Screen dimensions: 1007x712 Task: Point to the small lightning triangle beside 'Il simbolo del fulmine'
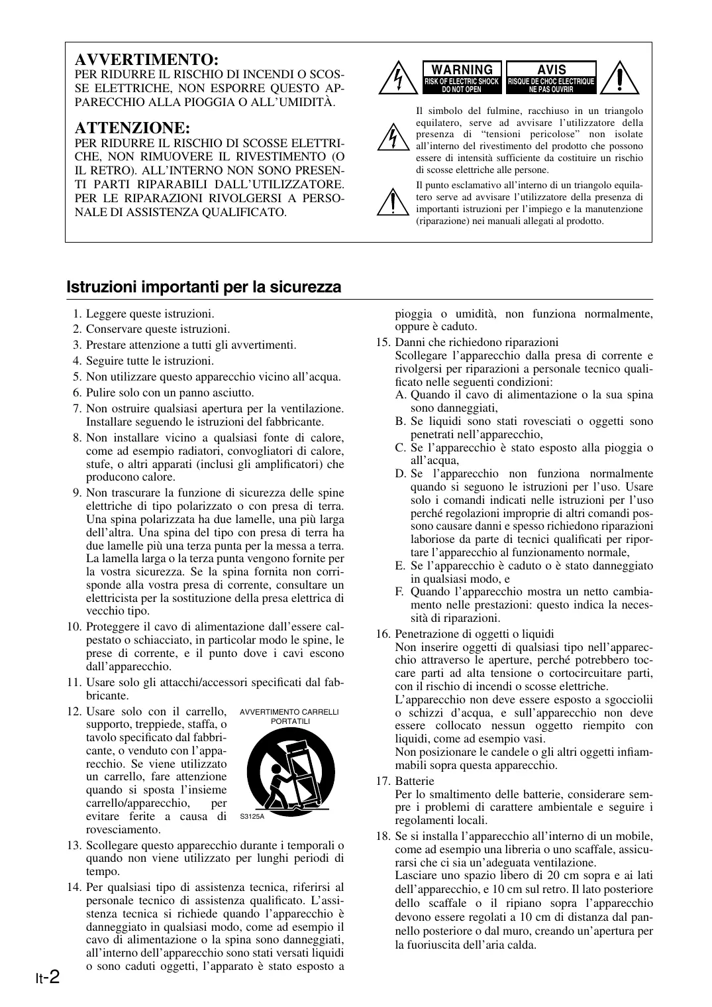point(393,137)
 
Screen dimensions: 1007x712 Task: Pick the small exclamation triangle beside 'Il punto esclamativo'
point(393,201)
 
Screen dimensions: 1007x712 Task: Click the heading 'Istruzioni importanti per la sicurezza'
point(204,287)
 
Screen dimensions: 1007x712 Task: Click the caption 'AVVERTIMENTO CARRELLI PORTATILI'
point(289,716)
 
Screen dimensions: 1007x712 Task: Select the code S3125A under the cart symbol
point(252,816)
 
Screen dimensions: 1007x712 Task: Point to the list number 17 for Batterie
point(383,781)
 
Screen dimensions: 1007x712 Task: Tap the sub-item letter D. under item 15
point(400,473)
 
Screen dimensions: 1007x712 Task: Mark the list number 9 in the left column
point(77,492)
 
